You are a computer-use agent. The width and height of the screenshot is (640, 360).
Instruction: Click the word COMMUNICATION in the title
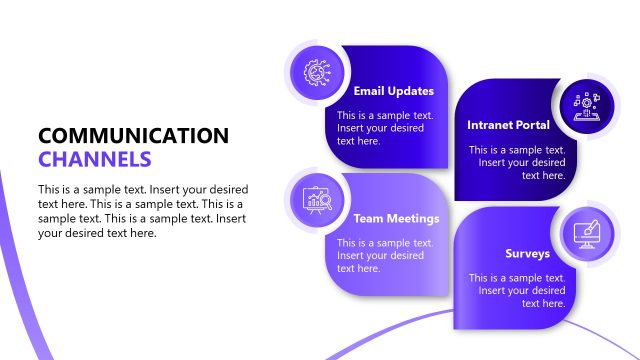[132, 136]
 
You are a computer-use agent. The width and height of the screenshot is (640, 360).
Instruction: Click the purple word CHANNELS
[95, 159]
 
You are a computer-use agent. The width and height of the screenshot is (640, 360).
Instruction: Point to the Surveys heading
[526, 253]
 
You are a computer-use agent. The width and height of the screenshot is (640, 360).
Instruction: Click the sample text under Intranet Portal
[518, 162]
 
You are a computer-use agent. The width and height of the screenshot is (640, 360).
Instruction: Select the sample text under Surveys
[518, 290]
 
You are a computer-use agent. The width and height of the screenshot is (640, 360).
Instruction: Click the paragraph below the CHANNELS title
[143, 211]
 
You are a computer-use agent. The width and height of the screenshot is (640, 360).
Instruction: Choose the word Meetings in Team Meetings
[412, 218]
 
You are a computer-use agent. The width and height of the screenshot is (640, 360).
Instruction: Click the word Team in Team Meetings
[367, 218]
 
